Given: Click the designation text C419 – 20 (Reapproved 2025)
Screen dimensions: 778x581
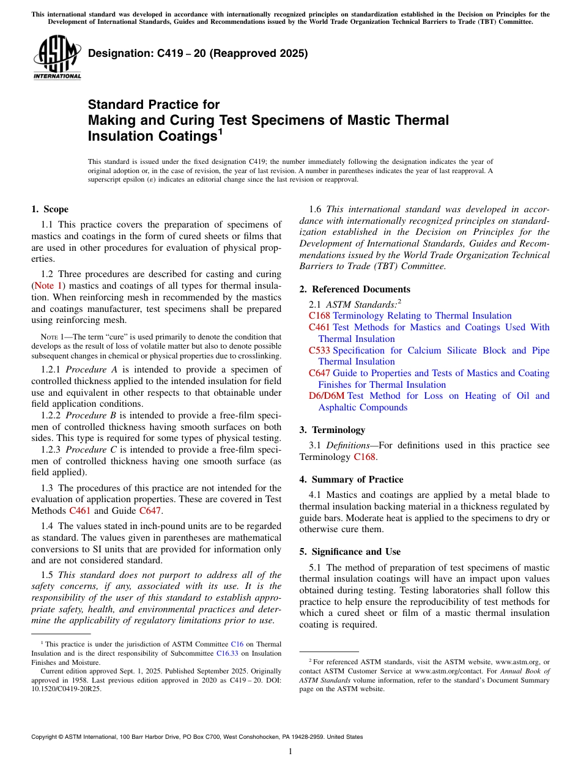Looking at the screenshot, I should pos(198,54).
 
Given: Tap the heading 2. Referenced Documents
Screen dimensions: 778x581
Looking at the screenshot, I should pos(355,289).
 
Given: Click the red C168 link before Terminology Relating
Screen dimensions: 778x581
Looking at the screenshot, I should pos(319,316).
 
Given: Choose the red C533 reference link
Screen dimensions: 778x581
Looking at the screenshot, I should pos(319,350).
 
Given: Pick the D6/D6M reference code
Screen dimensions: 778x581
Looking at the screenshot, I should pos(327,396).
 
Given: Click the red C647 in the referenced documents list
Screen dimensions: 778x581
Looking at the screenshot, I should pos(319,373).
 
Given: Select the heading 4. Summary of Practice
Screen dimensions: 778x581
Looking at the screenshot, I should pos(351,480).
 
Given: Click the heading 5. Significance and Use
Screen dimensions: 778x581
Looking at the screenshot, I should pos(350,552).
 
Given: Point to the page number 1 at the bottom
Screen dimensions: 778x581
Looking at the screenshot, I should pos(290,752).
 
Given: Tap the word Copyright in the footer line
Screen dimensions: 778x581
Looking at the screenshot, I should pos(45,737).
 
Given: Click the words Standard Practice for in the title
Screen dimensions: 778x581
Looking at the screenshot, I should pos(154,105).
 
